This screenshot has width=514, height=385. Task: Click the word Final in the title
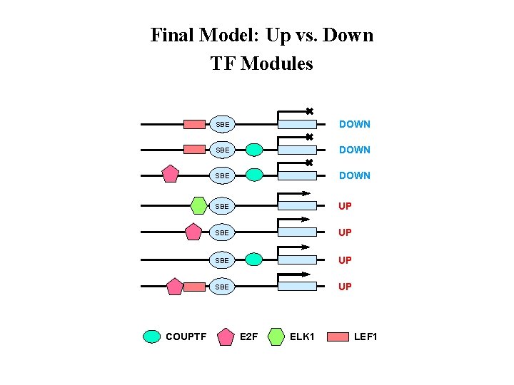[169, 35]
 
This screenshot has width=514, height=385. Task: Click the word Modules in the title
[278, 63]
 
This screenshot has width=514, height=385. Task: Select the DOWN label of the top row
[354, 124]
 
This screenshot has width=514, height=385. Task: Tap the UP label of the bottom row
[345, 287]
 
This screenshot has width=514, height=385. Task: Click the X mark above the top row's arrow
[309, 111]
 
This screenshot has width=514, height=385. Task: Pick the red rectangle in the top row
[194, 124]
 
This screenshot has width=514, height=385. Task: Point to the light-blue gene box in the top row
[296, 125]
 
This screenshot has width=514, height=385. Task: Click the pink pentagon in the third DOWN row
[170, 174]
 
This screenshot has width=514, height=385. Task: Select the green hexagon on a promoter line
[200, 205]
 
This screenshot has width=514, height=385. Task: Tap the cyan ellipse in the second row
[254, 150]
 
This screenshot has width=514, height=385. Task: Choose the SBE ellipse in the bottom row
[223, 287]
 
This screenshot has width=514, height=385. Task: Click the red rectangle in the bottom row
[194, 287]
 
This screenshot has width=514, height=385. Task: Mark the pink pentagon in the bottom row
[174, 287]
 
